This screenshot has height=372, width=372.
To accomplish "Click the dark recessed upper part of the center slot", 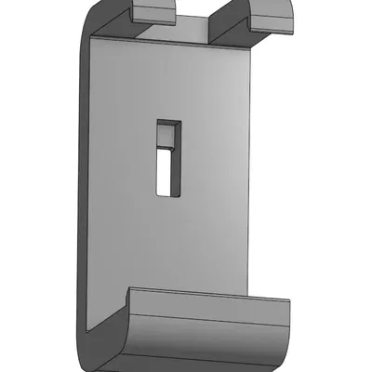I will (167, 135).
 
